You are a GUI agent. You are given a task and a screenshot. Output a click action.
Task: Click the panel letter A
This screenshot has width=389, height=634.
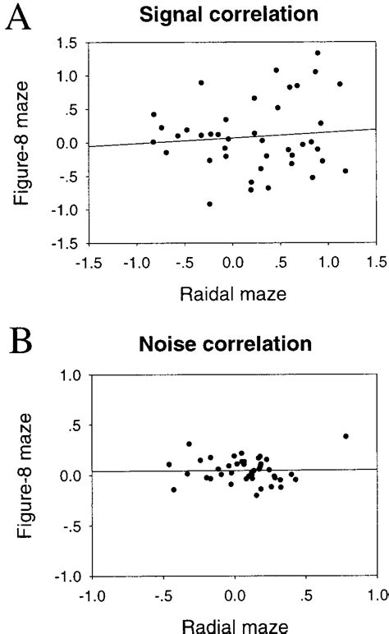(x=17, y=18)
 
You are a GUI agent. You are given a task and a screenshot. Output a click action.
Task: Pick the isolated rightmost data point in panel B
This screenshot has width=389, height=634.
(x=346, y=436)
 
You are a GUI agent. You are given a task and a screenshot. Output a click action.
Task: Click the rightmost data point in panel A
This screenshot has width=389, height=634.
(x=346, y=171)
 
